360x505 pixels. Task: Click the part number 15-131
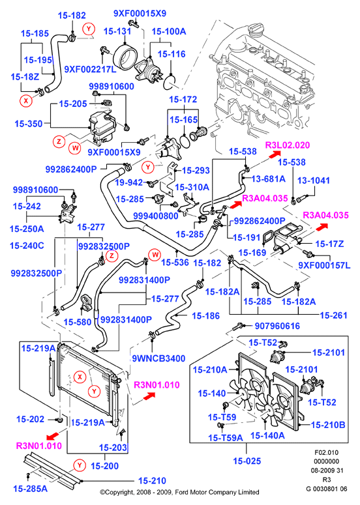117,31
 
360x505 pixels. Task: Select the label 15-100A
169,31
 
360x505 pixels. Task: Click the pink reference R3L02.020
288,145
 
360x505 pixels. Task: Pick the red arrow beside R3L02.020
274,154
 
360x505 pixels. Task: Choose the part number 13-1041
314,180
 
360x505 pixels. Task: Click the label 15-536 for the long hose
175,263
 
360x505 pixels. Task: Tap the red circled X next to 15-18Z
26,101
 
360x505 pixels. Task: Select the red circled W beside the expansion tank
75,148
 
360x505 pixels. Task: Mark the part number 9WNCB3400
158,358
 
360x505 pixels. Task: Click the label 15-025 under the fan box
247,461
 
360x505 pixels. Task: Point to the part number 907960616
277,326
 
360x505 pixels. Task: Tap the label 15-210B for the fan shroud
328,425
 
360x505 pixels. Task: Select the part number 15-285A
30,489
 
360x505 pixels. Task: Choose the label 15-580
78,322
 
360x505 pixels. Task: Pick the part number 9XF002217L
90,69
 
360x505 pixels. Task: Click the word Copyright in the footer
117,492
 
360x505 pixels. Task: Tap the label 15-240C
27,246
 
